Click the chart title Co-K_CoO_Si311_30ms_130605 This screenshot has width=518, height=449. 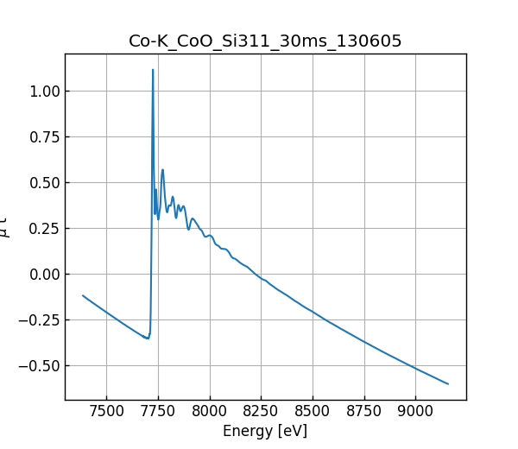pos(265,41)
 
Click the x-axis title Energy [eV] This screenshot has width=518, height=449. pos(265,431)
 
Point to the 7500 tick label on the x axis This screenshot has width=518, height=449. pos(106,411)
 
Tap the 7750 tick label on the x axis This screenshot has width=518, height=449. pos(158,411)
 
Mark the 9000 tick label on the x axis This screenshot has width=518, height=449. pos(415,411)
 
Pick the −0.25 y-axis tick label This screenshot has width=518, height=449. pos(41,320)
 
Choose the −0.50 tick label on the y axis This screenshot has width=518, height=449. pos(41,366)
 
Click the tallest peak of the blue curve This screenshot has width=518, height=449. pos(153,70)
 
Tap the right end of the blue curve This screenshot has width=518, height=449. pos(448,383)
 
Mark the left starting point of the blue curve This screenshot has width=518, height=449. pos(83,295)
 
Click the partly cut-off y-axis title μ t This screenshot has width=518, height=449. pos(5,226)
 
